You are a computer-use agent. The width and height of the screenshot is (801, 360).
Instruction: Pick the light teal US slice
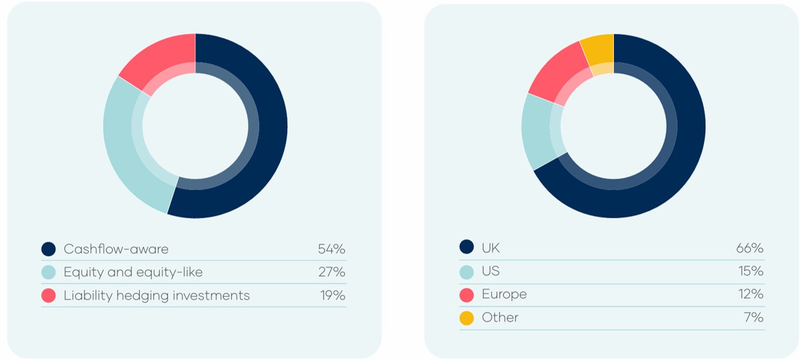(x=537, y=131)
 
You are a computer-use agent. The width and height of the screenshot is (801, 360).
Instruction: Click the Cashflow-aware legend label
(x=116, y=249)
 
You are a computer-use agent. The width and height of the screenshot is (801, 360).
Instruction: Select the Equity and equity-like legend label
(x=133, y=272)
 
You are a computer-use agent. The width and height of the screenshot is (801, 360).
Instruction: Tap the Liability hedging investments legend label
(x=156, y=296)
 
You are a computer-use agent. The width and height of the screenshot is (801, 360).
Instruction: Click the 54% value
(x=331, y=249)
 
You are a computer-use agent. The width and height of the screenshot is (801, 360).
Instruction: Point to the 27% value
(x=331, y=272)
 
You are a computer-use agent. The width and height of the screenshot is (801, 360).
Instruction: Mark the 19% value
(x=332, y=296)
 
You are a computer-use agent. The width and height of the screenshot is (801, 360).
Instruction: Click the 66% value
(x=749, y=248)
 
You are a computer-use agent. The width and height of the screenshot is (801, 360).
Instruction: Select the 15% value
(x=750, y=271)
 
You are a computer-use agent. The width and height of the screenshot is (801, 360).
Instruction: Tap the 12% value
(x=750, y=294)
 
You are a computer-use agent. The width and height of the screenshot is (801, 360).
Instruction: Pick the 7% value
(x=753, y=317)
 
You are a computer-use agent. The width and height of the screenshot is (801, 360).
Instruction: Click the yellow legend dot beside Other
(x=467, y=318)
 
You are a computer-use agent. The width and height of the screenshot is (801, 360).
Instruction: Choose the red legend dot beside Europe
(x=467, y=295)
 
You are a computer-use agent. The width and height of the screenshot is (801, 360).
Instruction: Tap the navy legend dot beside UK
(x=467, y=247)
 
